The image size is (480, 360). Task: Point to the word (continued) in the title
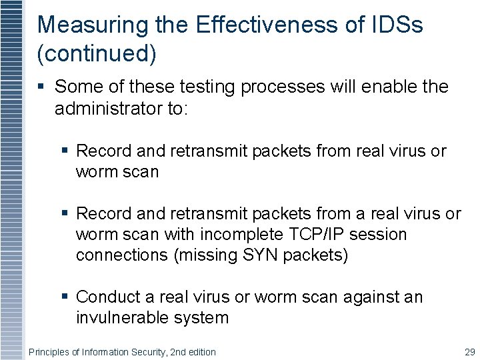pyautogui.click(x=97, y=55)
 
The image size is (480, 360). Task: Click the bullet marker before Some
pyautogui.click(x=43, y=87)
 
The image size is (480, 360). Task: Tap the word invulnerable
pyautogui.click(x=123, y=317)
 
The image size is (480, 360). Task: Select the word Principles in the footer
pyautogui.click(x=49, y=351)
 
